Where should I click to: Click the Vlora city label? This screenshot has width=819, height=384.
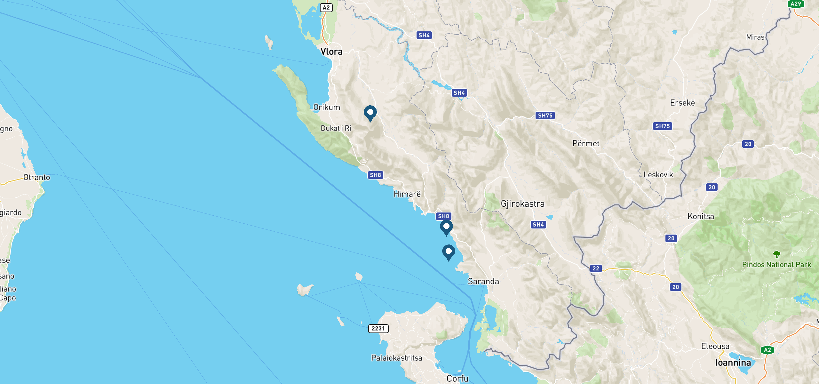point(331,52)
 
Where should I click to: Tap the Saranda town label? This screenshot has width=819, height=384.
point(483,281)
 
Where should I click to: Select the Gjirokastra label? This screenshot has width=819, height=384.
point(522,204)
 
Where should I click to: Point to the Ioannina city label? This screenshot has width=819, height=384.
point(733,363)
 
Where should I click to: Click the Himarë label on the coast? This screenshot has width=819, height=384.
point(407,194)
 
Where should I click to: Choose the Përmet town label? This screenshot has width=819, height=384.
point(586,143)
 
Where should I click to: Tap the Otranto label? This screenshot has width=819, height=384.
point(37,177)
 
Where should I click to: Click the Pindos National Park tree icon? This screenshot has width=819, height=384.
point(776,254)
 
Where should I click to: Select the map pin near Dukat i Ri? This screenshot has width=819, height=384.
point(370,113)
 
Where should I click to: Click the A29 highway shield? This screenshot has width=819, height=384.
point(796,4)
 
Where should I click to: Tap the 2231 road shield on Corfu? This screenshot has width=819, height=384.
point(378,328)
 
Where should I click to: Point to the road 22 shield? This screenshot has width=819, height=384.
point(596,268)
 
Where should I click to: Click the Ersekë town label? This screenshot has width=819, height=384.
point(682,103)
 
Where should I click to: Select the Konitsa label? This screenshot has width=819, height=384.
point(701,217)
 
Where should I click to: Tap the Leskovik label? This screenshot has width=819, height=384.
point(658,175)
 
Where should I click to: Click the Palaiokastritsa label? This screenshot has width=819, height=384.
point(396,358)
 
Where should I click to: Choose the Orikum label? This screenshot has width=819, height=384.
point(326,107)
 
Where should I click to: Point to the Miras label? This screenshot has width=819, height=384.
point(755,37)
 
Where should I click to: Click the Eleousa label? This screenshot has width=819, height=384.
point(715,346)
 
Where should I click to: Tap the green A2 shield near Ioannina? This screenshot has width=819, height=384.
point(767,350)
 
